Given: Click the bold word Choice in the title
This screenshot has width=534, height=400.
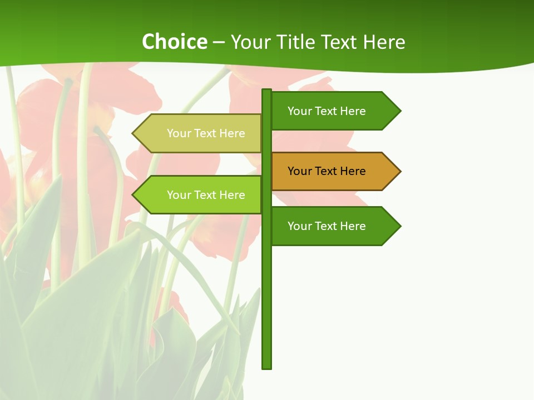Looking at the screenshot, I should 174,42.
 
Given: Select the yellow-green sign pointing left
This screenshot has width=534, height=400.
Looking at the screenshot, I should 206,133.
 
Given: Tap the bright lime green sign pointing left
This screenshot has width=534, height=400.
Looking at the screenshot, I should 206,195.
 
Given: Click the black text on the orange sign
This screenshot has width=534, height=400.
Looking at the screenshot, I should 327,171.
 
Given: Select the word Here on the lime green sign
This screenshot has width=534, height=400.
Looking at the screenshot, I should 232,195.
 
